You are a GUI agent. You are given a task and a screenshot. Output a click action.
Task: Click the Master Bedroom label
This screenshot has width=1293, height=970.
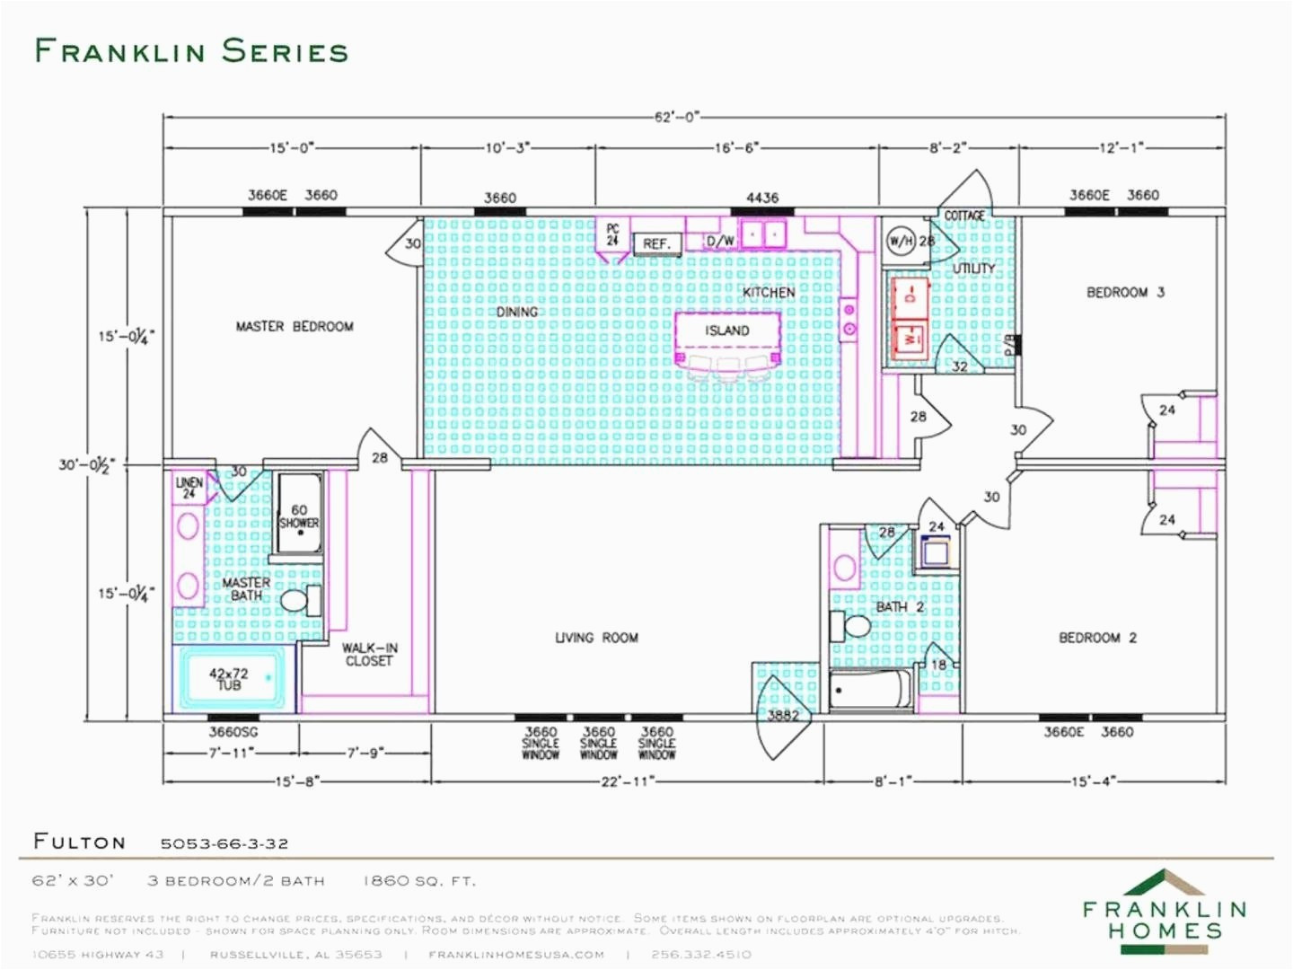[294, 326]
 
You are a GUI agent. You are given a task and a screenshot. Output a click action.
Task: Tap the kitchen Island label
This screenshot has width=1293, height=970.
[726, 331]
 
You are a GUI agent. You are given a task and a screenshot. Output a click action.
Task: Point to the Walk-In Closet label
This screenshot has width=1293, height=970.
[368, 654]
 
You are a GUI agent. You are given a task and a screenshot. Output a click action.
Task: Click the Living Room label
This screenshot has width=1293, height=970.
[596, 638]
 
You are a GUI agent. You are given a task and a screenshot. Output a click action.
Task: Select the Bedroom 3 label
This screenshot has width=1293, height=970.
[1125, 292]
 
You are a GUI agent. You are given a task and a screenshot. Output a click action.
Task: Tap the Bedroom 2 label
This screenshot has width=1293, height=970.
[1097, 638]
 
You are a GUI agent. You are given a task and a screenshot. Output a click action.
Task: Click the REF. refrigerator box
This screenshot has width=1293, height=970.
[656, 243]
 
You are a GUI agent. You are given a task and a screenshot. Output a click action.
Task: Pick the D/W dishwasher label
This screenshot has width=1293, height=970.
[720, 241]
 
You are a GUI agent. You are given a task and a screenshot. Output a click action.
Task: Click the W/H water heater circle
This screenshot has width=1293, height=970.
[901, 241]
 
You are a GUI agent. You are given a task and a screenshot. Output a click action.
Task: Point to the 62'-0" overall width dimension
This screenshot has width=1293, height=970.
[676, 117]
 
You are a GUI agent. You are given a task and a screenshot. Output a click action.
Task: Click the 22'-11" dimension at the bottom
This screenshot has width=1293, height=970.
[627, 781]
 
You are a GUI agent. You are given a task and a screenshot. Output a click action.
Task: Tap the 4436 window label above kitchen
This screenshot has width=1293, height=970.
[762, 198]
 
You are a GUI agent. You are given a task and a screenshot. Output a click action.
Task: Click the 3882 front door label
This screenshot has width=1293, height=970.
[783, 715]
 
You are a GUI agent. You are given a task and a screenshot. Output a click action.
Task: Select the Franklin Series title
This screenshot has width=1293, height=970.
[191, 51]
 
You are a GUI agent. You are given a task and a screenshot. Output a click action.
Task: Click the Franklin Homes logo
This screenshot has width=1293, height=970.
[1165, 910]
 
